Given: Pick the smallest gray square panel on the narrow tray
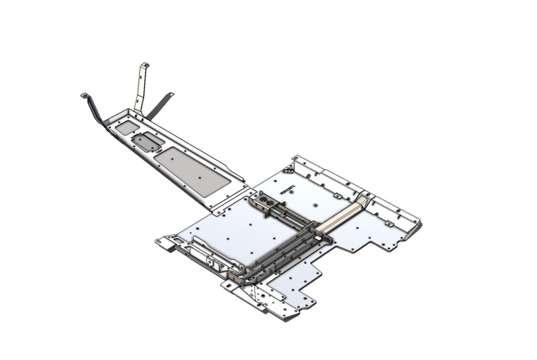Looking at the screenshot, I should pyautogui.click(x=126, y=127).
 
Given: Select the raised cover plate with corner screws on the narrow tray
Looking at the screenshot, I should pyautogui.click(x=151, y=141).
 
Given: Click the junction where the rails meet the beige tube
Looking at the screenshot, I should pyautogui.click(x=324, y=237).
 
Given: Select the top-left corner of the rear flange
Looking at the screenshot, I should pyautogui.click(x=297, y=159).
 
